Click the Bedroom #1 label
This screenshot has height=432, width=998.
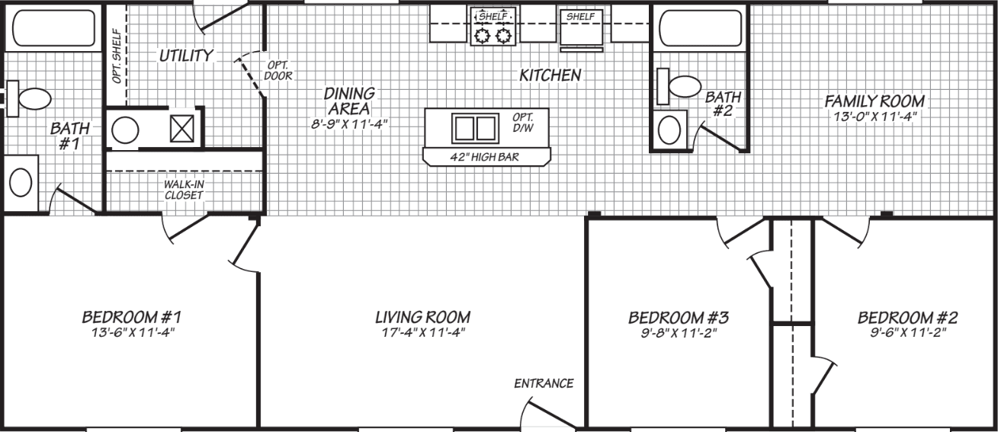pos(131,316)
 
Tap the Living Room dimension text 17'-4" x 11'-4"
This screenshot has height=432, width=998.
pos(422,332)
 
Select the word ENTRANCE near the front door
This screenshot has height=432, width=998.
pos(544,383)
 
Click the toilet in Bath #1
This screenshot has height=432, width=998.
pos(32,98)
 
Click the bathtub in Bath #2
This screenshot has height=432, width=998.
pos(699,30)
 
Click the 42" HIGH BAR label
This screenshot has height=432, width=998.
pos(486,157)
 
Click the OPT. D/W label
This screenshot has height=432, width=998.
pos(523,123)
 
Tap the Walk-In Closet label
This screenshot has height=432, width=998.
pos(183,190)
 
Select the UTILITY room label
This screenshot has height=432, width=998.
pos(186,56)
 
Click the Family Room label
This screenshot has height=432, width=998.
pos(874,101)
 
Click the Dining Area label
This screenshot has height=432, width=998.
pos(350,100)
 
